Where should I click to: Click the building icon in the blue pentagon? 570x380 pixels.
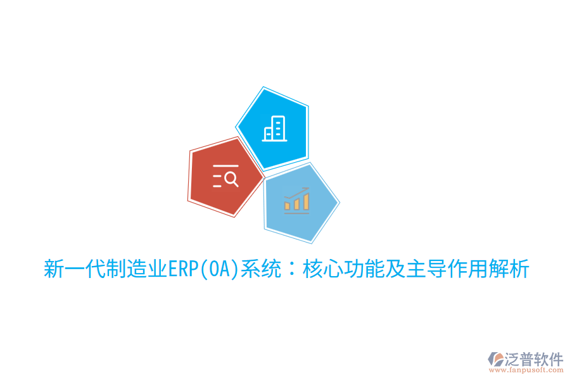pos(275,129)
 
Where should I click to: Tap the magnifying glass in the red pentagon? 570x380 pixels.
pos(231,179)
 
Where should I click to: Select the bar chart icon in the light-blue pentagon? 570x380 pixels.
pos(296,200)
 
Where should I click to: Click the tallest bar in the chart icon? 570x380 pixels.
pos(306,201)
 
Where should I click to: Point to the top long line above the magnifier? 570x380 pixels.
pos(225,166)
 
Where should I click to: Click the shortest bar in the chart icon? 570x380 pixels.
pos(287,205)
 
